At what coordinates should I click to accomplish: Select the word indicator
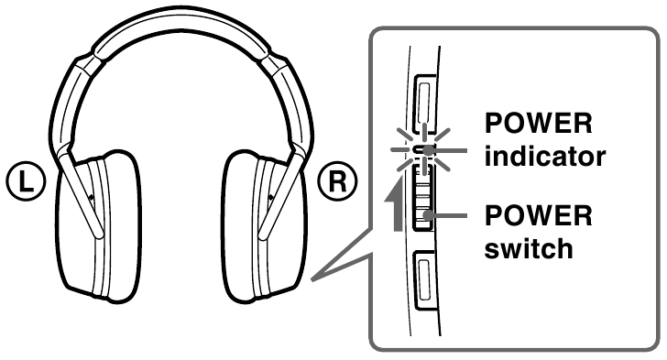point(545,155)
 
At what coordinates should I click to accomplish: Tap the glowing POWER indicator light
point(424,149)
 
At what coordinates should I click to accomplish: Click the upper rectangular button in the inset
point(426,100)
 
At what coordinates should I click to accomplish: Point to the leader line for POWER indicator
point(453,148)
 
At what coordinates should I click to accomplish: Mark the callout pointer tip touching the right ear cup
point(312,277)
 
